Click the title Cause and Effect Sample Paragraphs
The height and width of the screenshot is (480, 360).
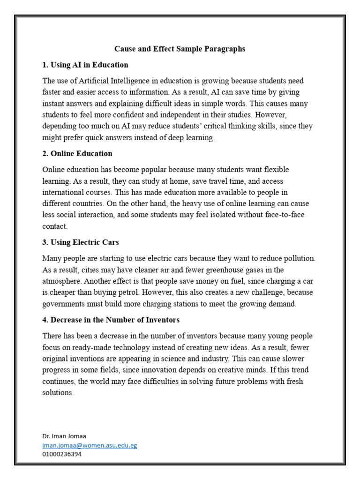[x=180, y=49]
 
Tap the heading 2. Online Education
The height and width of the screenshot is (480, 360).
[x=77, y=153]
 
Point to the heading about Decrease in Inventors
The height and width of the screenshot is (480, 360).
[x=111, y=320]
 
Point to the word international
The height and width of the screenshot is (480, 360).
[x=64, y=192]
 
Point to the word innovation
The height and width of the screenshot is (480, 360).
[x=215, y=370]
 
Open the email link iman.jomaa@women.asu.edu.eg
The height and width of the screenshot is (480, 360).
[x=90, y=445]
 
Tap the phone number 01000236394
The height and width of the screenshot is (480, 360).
[x=62, y=454]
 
